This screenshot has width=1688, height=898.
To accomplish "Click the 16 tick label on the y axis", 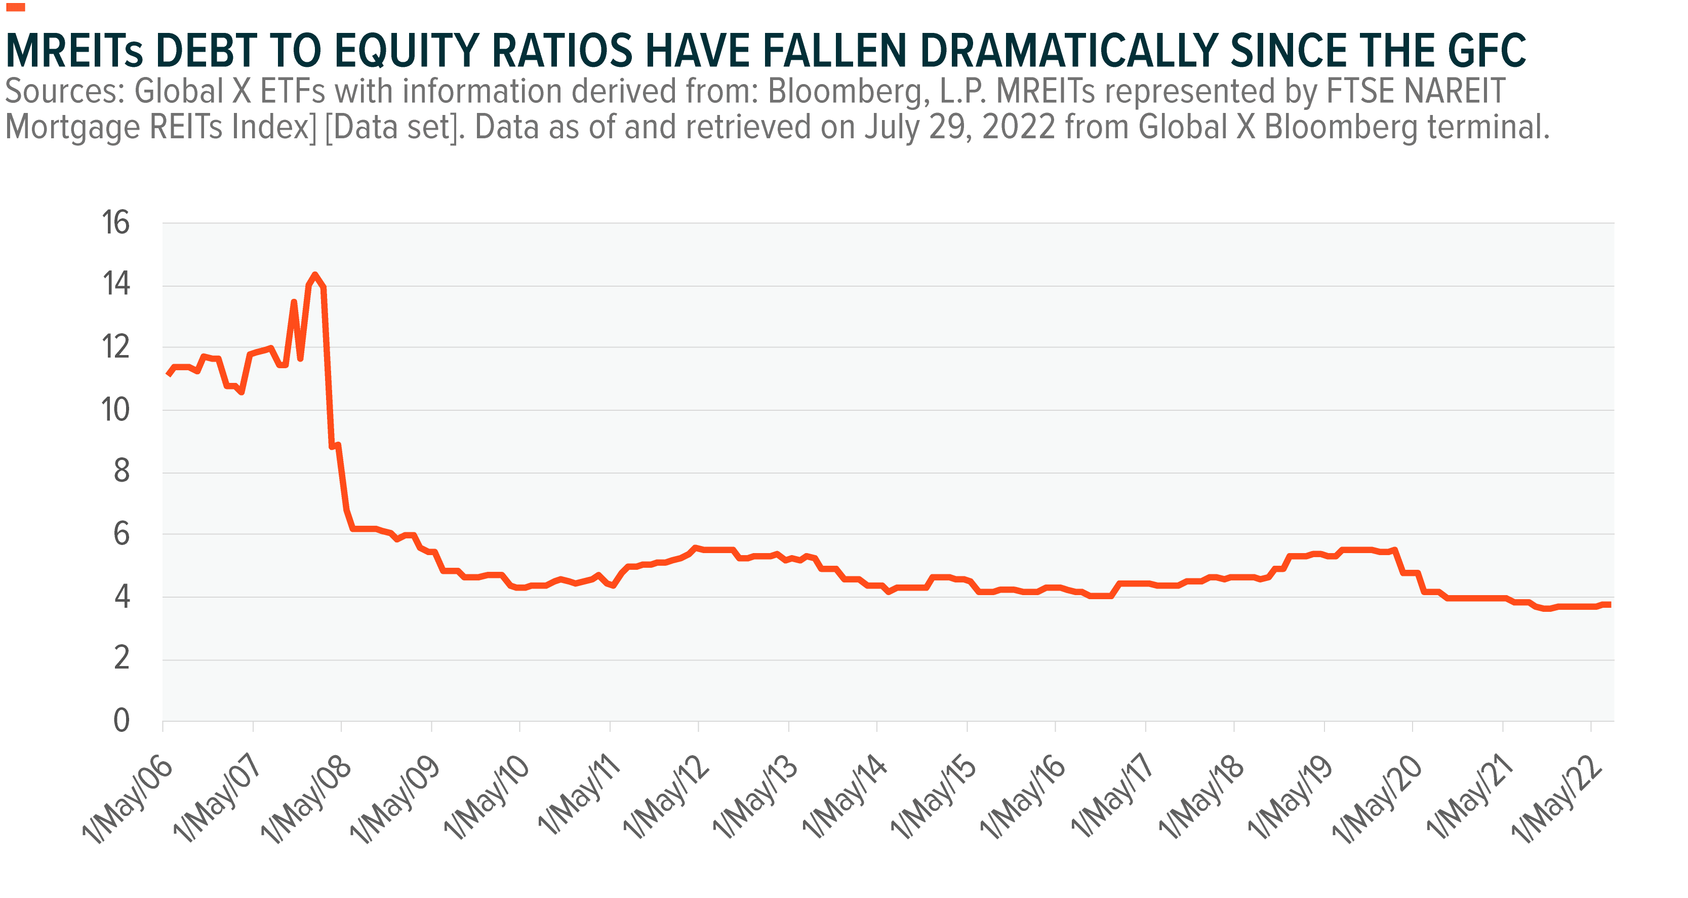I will click(x=116, y=223).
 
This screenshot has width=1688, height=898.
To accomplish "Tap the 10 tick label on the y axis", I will click(x=116, y=410).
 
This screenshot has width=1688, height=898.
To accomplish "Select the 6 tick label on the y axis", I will click(x=121, y=534).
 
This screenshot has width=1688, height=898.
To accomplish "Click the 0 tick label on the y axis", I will click(x=121, y=720).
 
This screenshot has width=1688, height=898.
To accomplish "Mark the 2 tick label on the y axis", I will click(x=121, y=658).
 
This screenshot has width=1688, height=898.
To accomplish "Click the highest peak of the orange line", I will click(x=315, y=276).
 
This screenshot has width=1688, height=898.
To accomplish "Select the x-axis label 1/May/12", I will click(x=665, y=800).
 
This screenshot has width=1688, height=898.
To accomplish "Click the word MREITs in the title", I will click(x=74, y=51).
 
